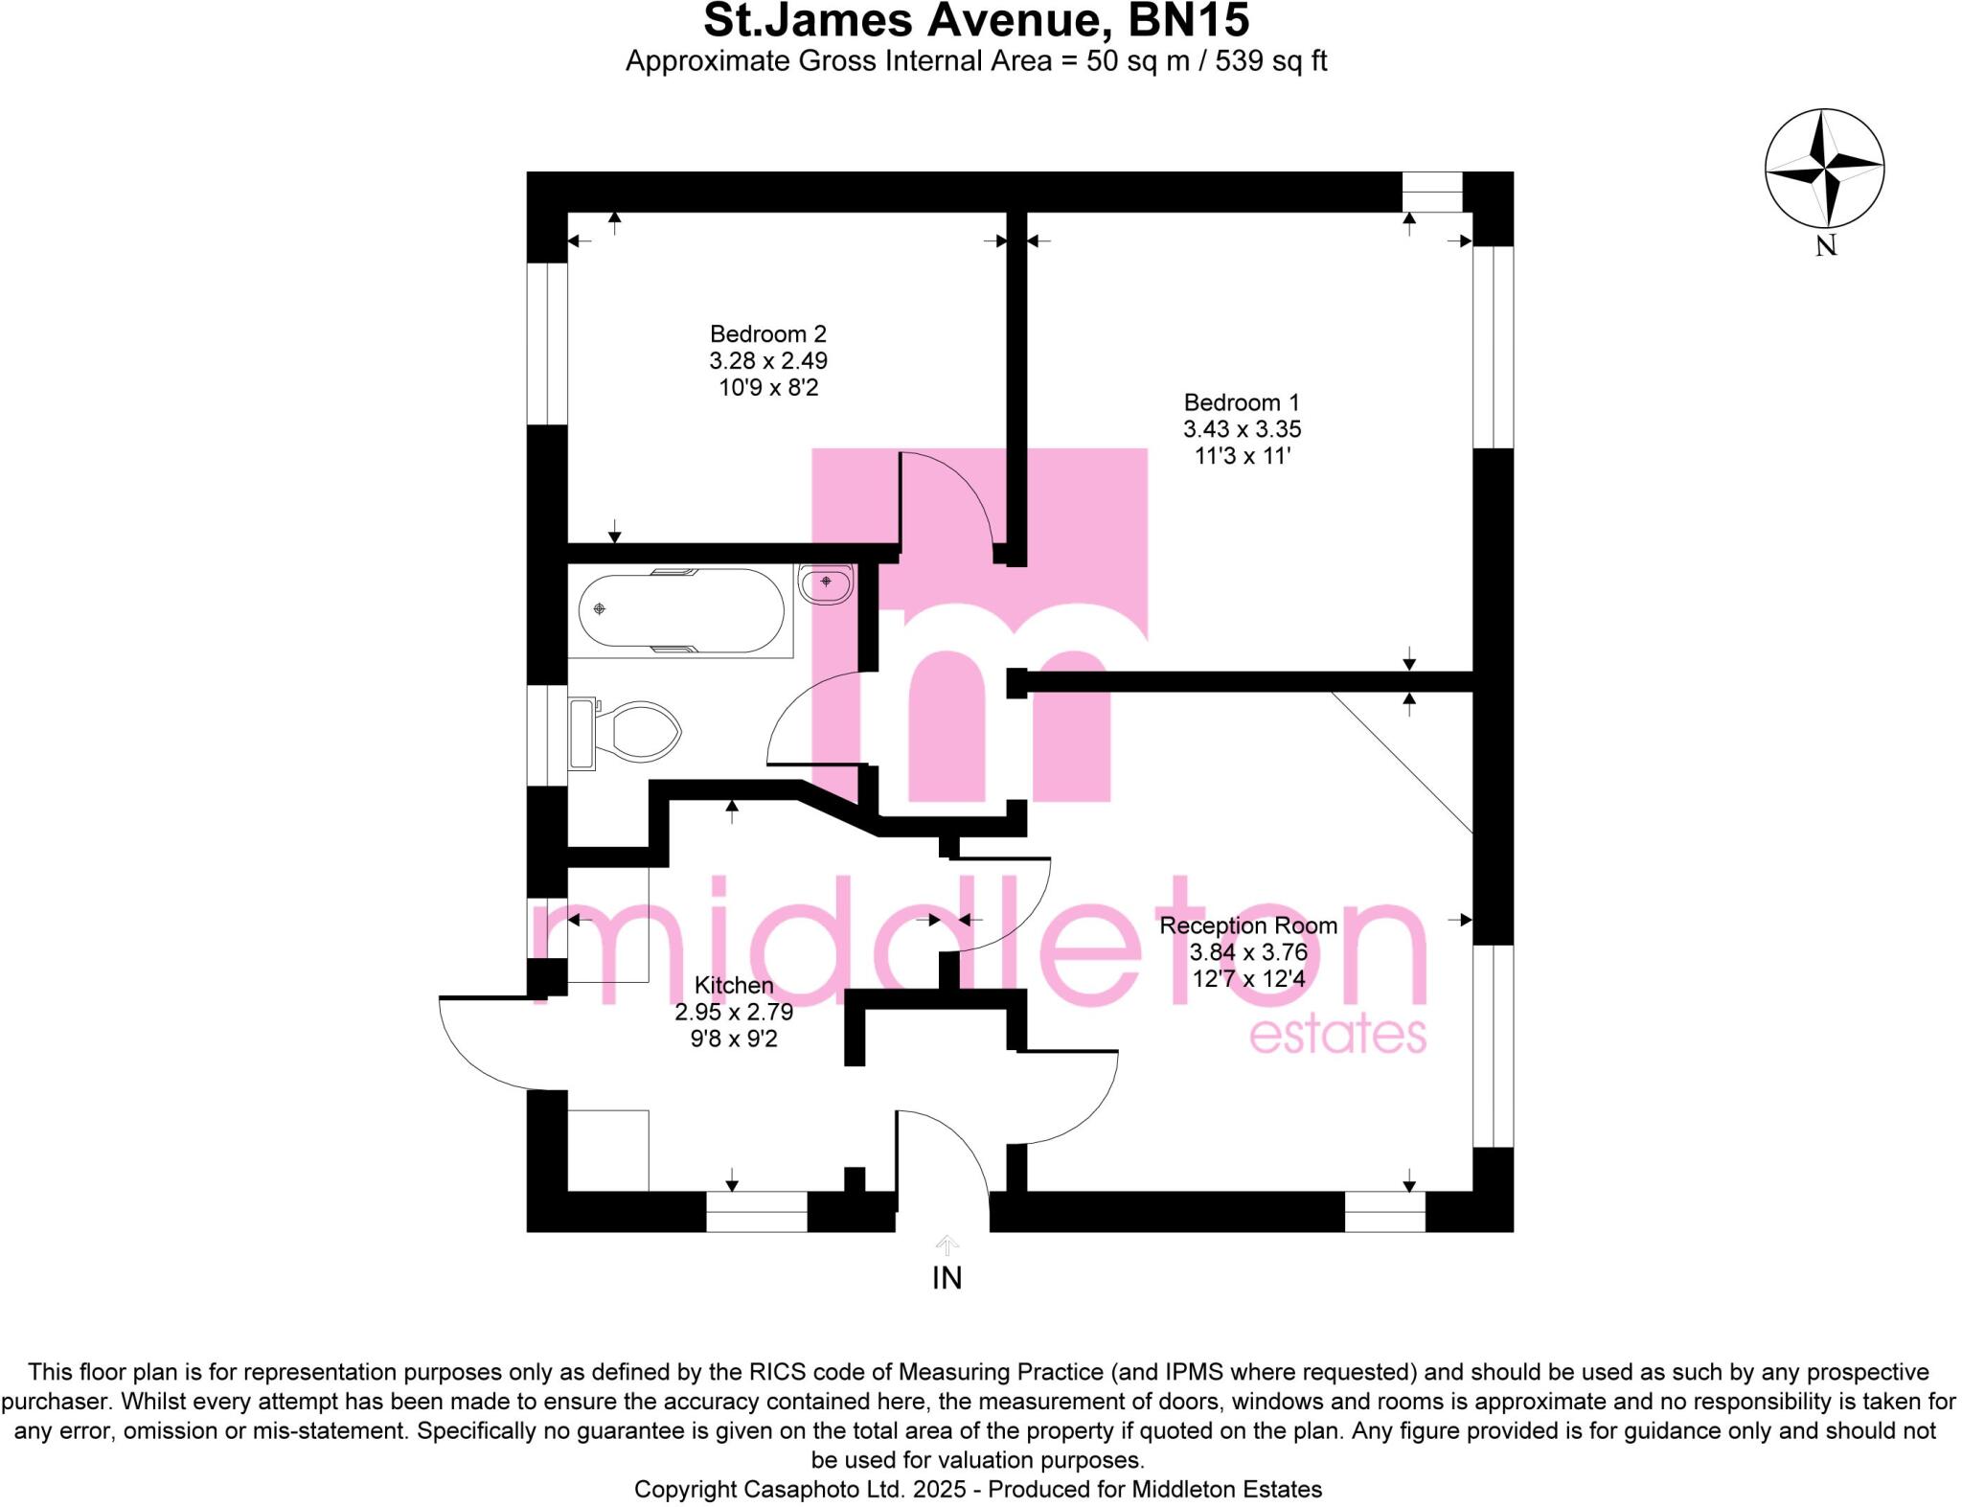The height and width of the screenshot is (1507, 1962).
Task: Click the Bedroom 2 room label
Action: (x=767, y=334)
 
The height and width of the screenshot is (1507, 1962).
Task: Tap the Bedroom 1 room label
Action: (x=1242, y=402)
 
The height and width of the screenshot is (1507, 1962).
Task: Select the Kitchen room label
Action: (x=734, y=985)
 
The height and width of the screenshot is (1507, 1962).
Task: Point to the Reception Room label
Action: (x=1248, y=925)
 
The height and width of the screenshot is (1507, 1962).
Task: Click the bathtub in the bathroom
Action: (x=681, y=610)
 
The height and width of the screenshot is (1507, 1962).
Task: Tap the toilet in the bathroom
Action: (x=632, y=734)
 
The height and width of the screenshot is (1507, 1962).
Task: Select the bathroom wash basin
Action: (x=826, y=583)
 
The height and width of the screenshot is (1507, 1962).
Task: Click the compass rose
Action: (x=1824, y=169)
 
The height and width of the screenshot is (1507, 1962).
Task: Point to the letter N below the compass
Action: (x=1826, y=246)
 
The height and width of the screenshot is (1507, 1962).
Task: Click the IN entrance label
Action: (x=947, y=1278)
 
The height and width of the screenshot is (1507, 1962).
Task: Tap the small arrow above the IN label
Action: (x=947, y=1244)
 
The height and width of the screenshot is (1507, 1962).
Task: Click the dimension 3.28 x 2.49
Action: (x=767, y=361)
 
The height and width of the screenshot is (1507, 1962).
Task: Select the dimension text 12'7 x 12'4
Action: (x=1249, y=979)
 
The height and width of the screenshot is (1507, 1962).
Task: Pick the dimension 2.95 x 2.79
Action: (x=734, y=1012)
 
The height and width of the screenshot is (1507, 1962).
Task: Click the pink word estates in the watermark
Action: (x=1337, y=1036)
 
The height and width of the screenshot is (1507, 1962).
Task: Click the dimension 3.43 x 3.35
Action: (x=1242, y=429)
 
